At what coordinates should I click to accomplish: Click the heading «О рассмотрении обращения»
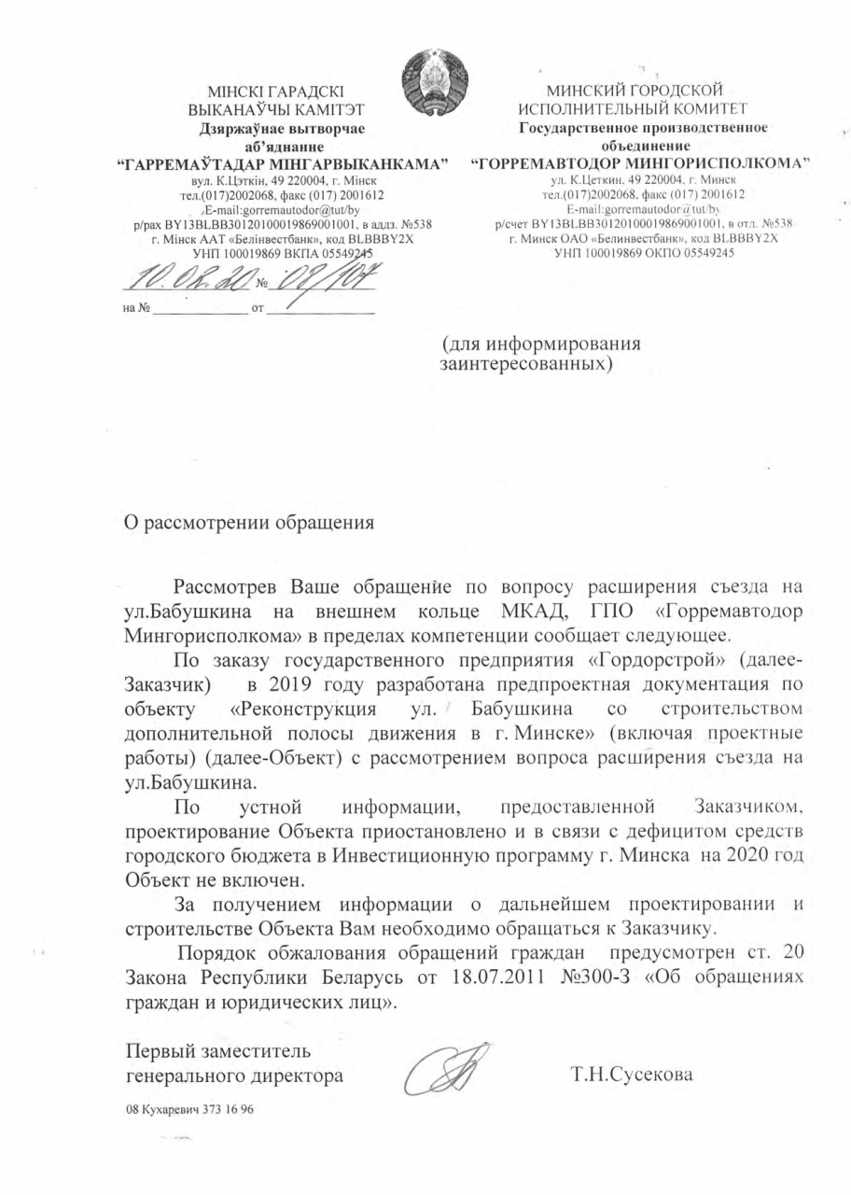(249, 522)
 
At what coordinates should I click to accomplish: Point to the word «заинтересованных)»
(526, 361)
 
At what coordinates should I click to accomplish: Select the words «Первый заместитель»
(212, 1051)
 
